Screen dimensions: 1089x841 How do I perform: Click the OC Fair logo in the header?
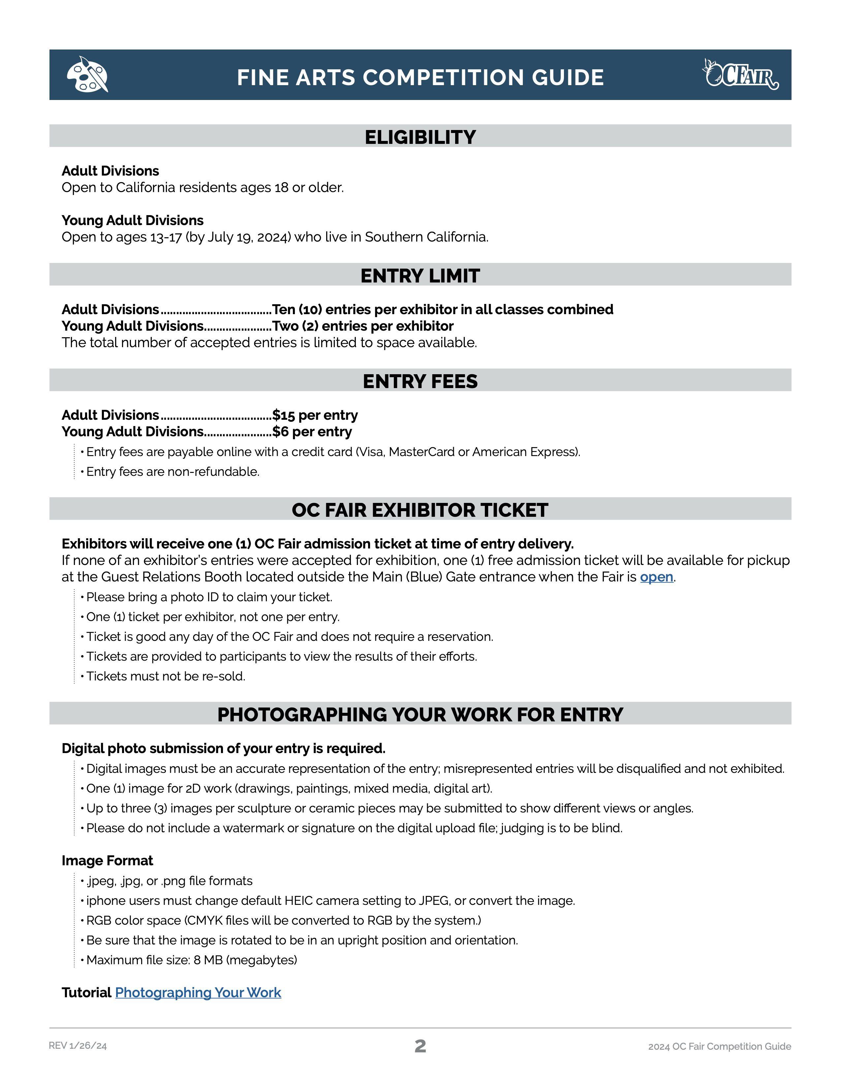(740, 75)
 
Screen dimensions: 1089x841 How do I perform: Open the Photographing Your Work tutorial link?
(198, 992)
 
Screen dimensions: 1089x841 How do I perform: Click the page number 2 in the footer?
(420, 1046)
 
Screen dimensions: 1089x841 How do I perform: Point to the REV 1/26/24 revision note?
(78, 1046)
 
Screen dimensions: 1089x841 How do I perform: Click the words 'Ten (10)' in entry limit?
(297, 309)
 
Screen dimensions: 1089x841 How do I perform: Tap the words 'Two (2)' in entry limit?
(295, 326)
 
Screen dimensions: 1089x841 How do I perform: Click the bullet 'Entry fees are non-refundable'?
(172, 471)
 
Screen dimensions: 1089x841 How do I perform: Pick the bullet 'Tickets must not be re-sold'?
(166, 676)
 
